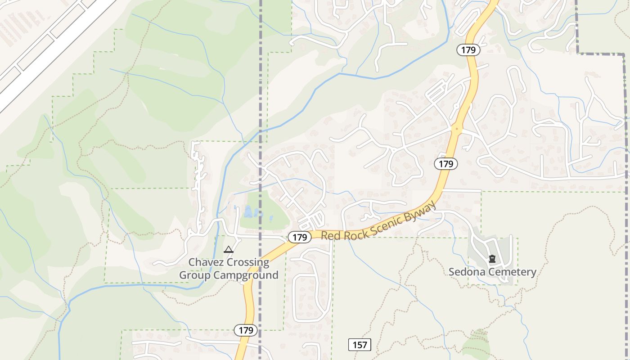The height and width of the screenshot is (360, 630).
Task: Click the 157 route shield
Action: [x=360, y=345]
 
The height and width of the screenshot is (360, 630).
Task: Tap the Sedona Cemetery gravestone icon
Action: [x=492, y=259]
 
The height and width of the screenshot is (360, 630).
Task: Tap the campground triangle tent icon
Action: [x=229, y=249]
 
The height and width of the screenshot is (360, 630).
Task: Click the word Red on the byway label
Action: [x=330, y=235]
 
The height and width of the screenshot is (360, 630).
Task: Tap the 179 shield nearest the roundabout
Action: [x=446, y=164]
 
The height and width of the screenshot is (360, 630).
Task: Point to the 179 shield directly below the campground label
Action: [x=246, y=330]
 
